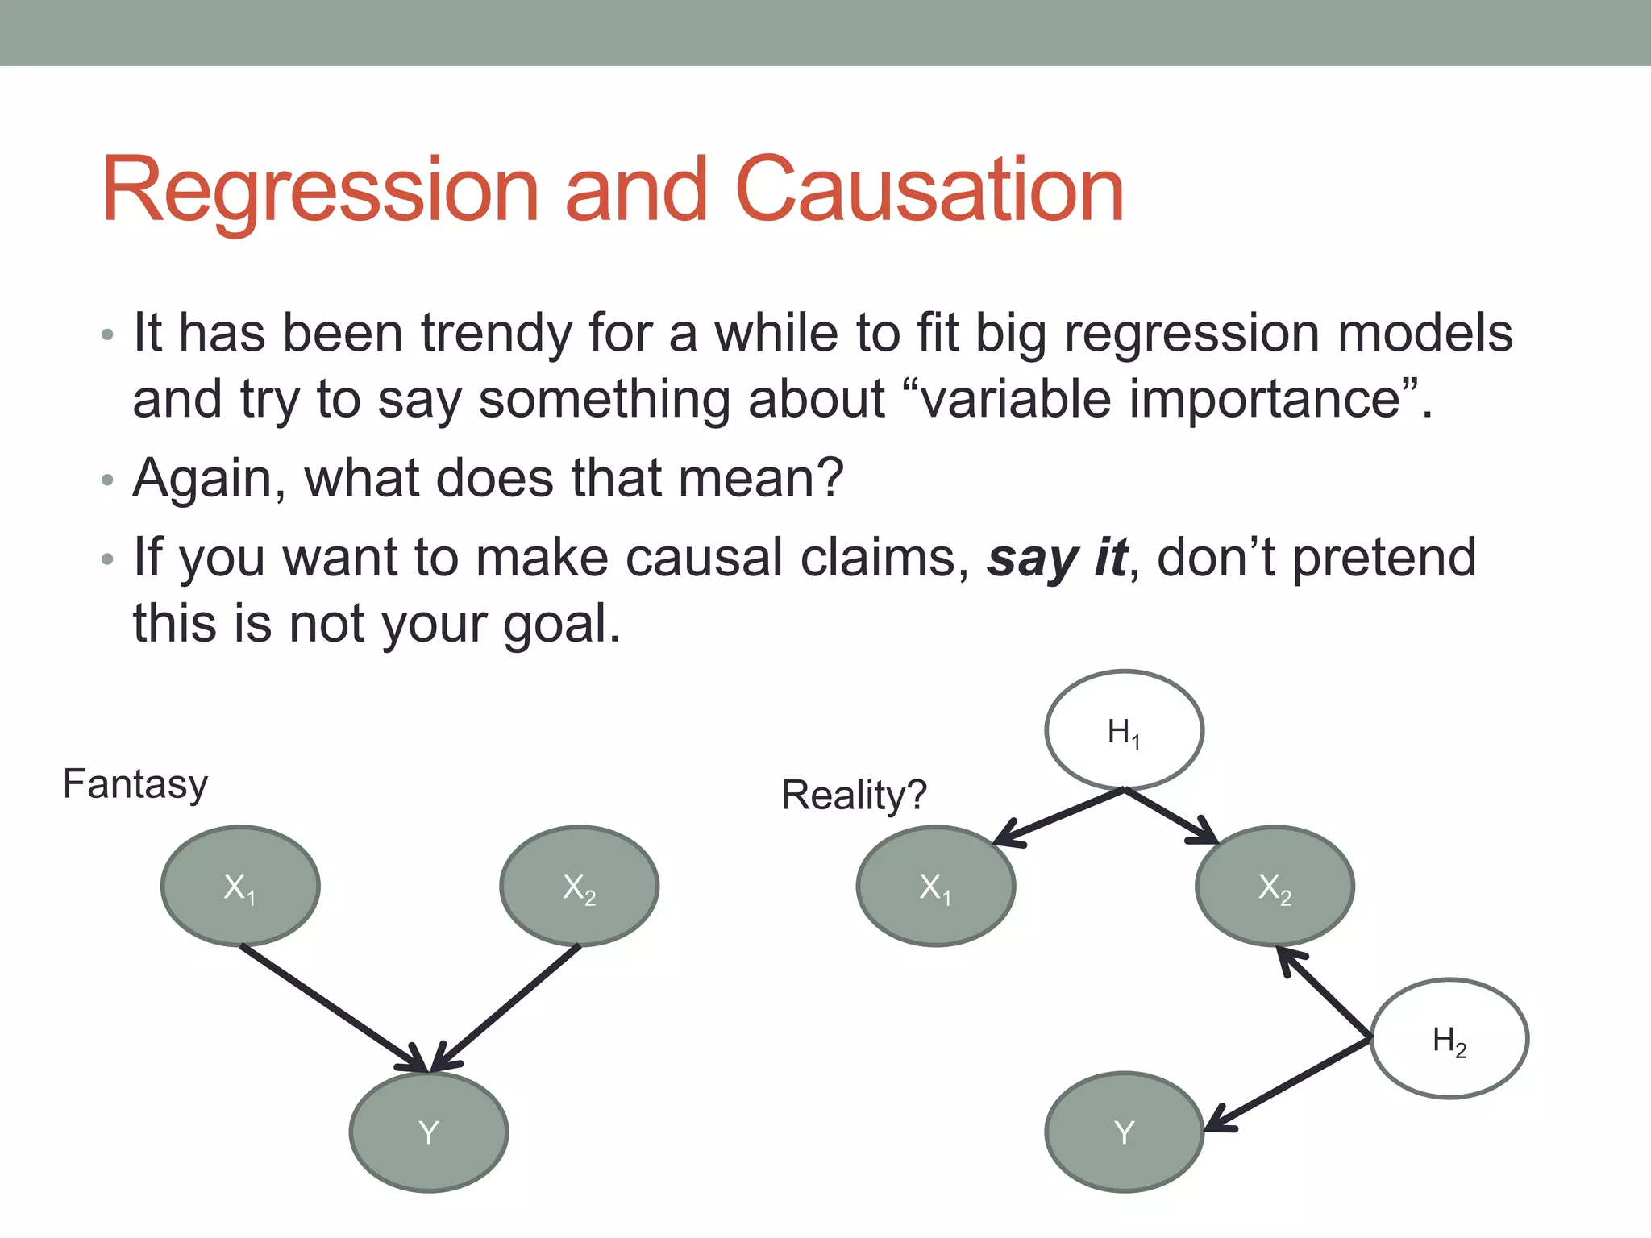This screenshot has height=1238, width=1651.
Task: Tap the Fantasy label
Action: (x=135, y=784)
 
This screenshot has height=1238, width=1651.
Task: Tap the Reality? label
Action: (x=854, y=796)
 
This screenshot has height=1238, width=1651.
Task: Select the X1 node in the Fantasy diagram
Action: (x=240, y=886)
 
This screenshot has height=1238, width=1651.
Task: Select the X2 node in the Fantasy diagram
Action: (x=579, y=886)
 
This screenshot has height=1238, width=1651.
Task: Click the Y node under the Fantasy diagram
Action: (x=429, y=1132)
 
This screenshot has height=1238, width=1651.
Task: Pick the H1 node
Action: (x=1124, y=730)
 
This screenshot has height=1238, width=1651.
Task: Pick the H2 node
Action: (x=1449, y=1039)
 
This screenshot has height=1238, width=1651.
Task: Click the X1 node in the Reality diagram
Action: (x=935, y=886)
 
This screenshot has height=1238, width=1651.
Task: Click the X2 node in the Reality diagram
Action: (x=1275, y=886)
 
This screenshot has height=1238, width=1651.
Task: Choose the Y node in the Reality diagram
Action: (x=1124, y=1132)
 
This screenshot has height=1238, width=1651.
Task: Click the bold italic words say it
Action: (x=1057, y=558)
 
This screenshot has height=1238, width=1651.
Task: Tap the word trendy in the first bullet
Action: (x=495, y=333)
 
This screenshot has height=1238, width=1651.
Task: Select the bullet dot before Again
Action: (x=108, y=480)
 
